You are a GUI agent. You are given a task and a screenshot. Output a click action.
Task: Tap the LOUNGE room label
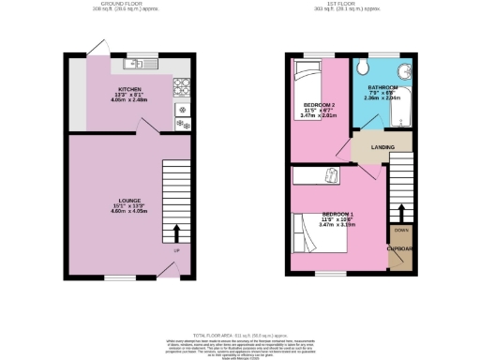117,200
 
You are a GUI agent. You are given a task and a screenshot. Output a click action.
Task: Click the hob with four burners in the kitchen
181,90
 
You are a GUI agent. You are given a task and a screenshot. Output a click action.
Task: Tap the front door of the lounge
168,270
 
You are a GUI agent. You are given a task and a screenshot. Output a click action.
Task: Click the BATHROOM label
382,86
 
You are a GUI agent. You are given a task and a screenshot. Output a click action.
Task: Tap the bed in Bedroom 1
319,233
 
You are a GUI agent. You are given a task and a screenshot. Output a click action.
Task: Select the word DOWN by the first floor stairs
401,230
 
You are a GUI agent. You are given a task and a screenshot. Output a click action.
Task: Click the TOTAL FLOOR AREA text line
240,335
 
